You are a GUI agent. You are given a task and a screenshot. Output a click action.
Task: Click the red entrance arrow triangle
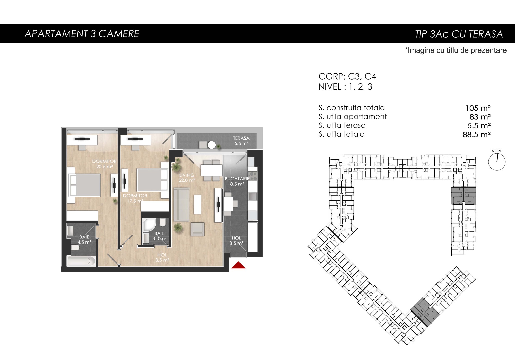(x=238, y=265)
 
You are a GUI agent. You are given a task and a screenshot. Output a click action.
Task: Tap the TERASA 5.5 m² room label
(x=241, y=141)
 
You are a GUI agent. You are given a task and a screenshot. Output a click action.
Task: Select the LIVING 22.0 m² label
(x=187, y=178)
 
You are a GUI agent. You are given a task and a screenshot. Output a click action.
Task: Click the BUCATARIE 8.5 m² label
(x=237, y=181)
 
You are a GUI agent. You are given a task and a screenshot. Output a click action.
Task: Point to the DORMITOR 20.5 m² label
(x=104, y=164)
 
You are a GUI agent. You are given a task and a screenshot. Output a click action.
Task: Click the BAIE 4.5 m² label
(x=84, y=239)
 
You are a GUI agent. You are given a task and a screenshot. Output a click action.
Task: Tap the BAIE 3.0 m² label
(x=159, y=236)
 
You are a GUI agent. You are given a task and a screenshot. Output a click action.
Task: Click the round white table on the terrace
(x=212, y=145)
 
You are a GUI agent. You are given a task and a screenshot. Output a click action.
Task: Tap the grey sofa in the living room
(x=182, y=205)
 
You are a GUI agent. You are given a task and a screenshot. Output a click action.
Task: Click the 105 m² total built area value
(x=478, y=108)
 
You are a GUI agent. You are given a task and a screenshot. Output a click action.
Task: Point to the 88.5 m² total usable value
(x=477, y=134)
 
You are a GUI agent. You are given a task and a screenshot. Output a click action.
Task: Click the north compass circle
(x=497, y=162)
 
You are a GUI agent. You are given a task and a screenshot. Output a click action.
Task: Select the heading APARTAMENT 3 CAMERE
(x=82, y=34)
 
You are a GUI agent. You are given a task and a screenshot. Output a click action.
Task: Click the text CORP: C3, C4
(x=347, y=76)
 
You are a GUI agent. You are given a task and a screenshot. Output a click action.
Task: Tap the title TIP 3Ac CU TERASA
(x=459, y=34)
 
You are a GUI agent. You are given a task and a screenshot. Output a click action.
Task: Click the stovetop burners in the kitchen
(x=253, y=176)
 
